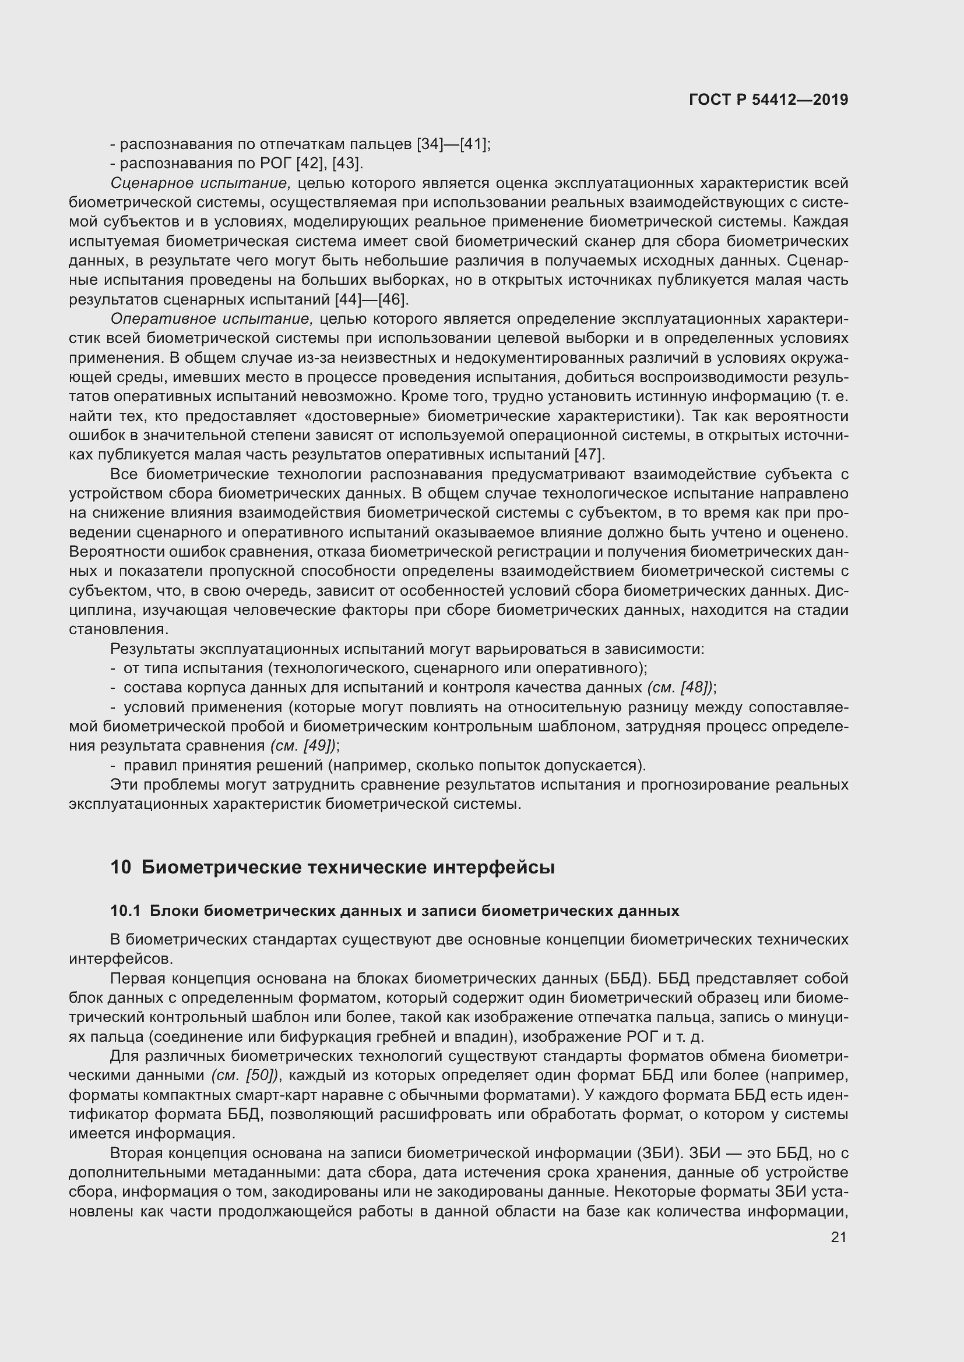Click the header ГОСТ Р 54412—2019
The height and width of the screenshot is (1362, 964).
click(x=768, y=100)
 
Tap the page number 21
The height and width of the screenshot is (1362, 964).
click(x=838, y=1237)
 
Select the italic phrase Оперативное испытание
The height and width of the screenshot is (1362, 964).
click(x=212, y=319)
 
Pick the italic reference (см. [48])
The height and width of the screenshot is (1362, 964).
click(x=680, y=688)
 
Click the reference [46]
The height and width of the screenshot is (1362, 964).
click(x=393, y=299)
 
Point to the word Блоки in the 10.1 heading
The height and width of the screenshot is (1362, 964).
click(x=173, y=911)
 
